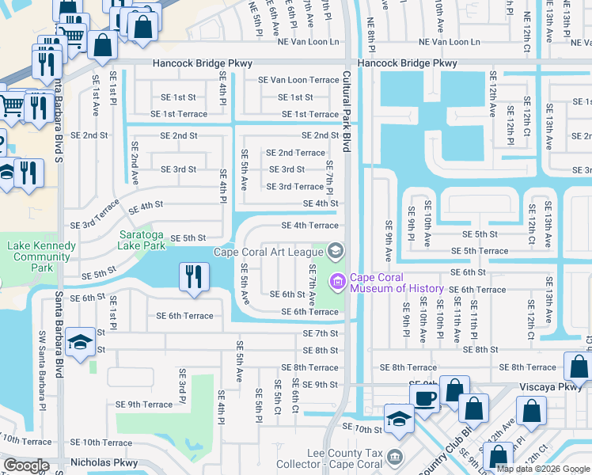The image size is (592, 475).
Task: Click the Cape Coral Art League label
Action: click(x=269, y=253)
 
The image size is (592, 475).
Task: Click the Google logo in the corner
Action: click(x=26, y=465)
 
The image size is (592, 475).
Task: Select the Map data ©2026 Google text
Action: click(x=542, y=469)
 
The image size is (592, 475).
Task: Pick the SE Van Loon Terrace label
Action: click(x=298, y=80)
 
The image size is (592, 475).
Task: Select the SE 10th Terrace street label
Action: click(x=101, y=443)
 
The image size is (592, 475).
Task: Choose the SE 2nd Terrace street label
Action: click(x=295, y=153)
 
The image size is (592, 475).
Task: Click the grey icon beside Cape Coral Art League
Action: click(x=335, y=253)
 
